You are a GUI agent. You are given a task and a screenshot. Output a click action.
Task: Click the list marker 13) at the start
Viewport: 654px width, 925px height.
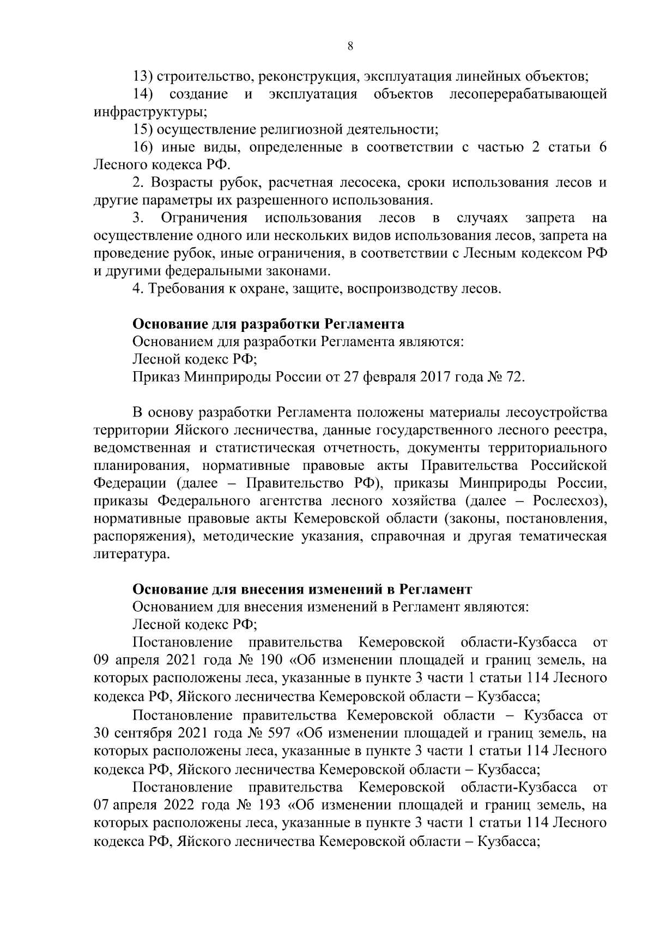[x=144, y=76]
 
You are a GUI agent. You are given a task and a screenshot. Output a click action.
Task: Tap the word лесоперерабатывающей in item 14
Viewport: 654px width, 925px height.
[x=528, y=94]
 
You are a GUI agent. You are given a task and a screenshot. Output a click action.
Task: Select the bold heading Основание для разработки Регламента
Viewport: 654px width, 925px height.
[x=269, y=324]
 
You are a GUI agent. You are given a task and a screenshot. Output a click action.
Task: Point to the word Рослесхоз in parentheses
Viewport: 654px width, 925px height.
[x=567, y=501]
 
